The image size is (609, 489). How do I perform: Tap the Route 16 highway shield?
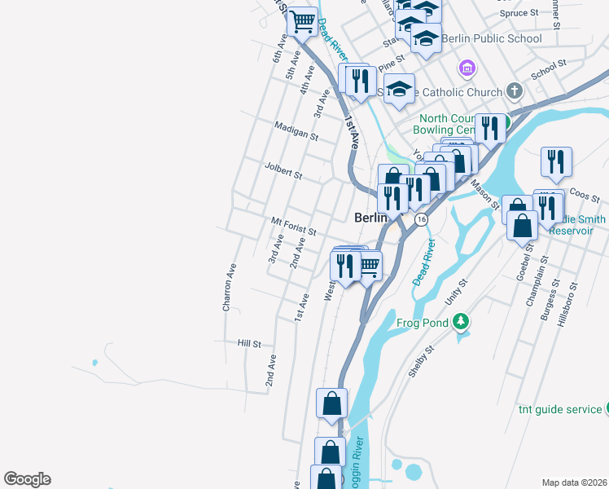421,220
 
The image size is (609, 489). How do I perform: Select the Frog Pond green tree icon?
462,322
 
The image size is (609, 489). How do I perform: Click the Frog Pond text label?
423,323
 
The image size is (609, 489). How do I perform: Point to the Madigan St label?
296,133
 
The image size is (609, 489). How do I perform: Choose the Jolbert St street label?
283,174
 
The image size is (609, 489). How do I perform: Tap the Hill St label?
248,344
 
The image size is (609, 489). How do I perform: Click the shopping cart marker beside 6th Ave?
302,21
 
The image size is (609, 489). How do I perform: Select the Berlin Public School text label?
492,38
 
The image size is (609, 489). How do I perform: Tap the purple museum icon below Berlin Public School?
467,67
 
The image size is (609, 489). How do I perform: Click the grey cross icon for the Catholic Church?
514,90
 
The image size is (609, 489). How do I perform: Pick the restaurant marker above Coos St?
556,161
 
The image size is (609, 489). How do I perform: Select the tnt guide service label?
560,409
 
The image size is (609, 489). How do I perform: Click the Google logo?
27,479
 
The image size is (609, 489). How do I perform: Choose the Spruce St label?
519,13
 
